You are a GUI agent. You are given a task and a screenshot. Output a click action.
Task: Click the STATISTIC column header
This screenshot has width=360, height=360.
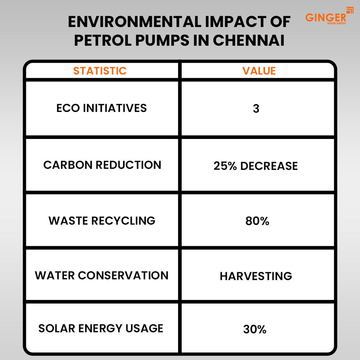(x=100, y=71)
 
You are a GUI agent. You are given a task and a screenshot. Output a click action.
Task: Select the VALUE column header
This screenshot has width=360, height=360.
(x=259, y=71)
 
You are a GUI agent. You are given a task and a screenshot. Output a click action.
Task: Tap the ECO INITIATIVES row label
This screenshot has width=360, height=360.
(x=102, y=108)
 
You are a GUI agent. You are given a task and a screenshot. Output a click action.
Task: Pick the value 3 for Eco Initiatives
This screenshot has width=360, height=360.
(x=256, y=109)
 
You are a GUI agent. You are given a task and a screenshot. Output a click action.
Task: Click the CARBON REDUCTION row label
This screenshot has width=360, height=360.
(x=102, y=165)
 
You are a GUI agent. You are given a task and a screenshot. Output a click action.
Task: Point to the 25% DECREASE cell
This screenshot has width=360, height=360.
(x=256, y=166)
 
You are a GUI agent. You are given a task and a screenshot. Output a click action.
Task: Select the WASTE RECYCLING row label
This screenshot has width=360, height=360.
(x=102, y=220)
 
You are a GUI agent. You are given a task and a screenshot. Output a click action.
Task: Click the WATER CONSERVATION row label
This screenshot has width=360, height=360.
(x=102, y=275)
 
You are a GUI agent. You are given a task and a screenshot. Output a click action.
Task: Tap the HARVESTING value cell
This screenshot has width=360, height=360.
(x=256, y=276)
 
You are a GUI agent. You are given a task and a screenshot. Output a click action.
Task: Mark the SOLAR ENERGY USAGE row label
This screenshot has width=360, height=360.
(x=101, y=328)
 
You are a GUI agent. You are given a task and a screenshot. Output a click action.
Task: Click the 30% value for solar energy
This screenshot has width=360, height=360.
(x=255, y=329)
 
